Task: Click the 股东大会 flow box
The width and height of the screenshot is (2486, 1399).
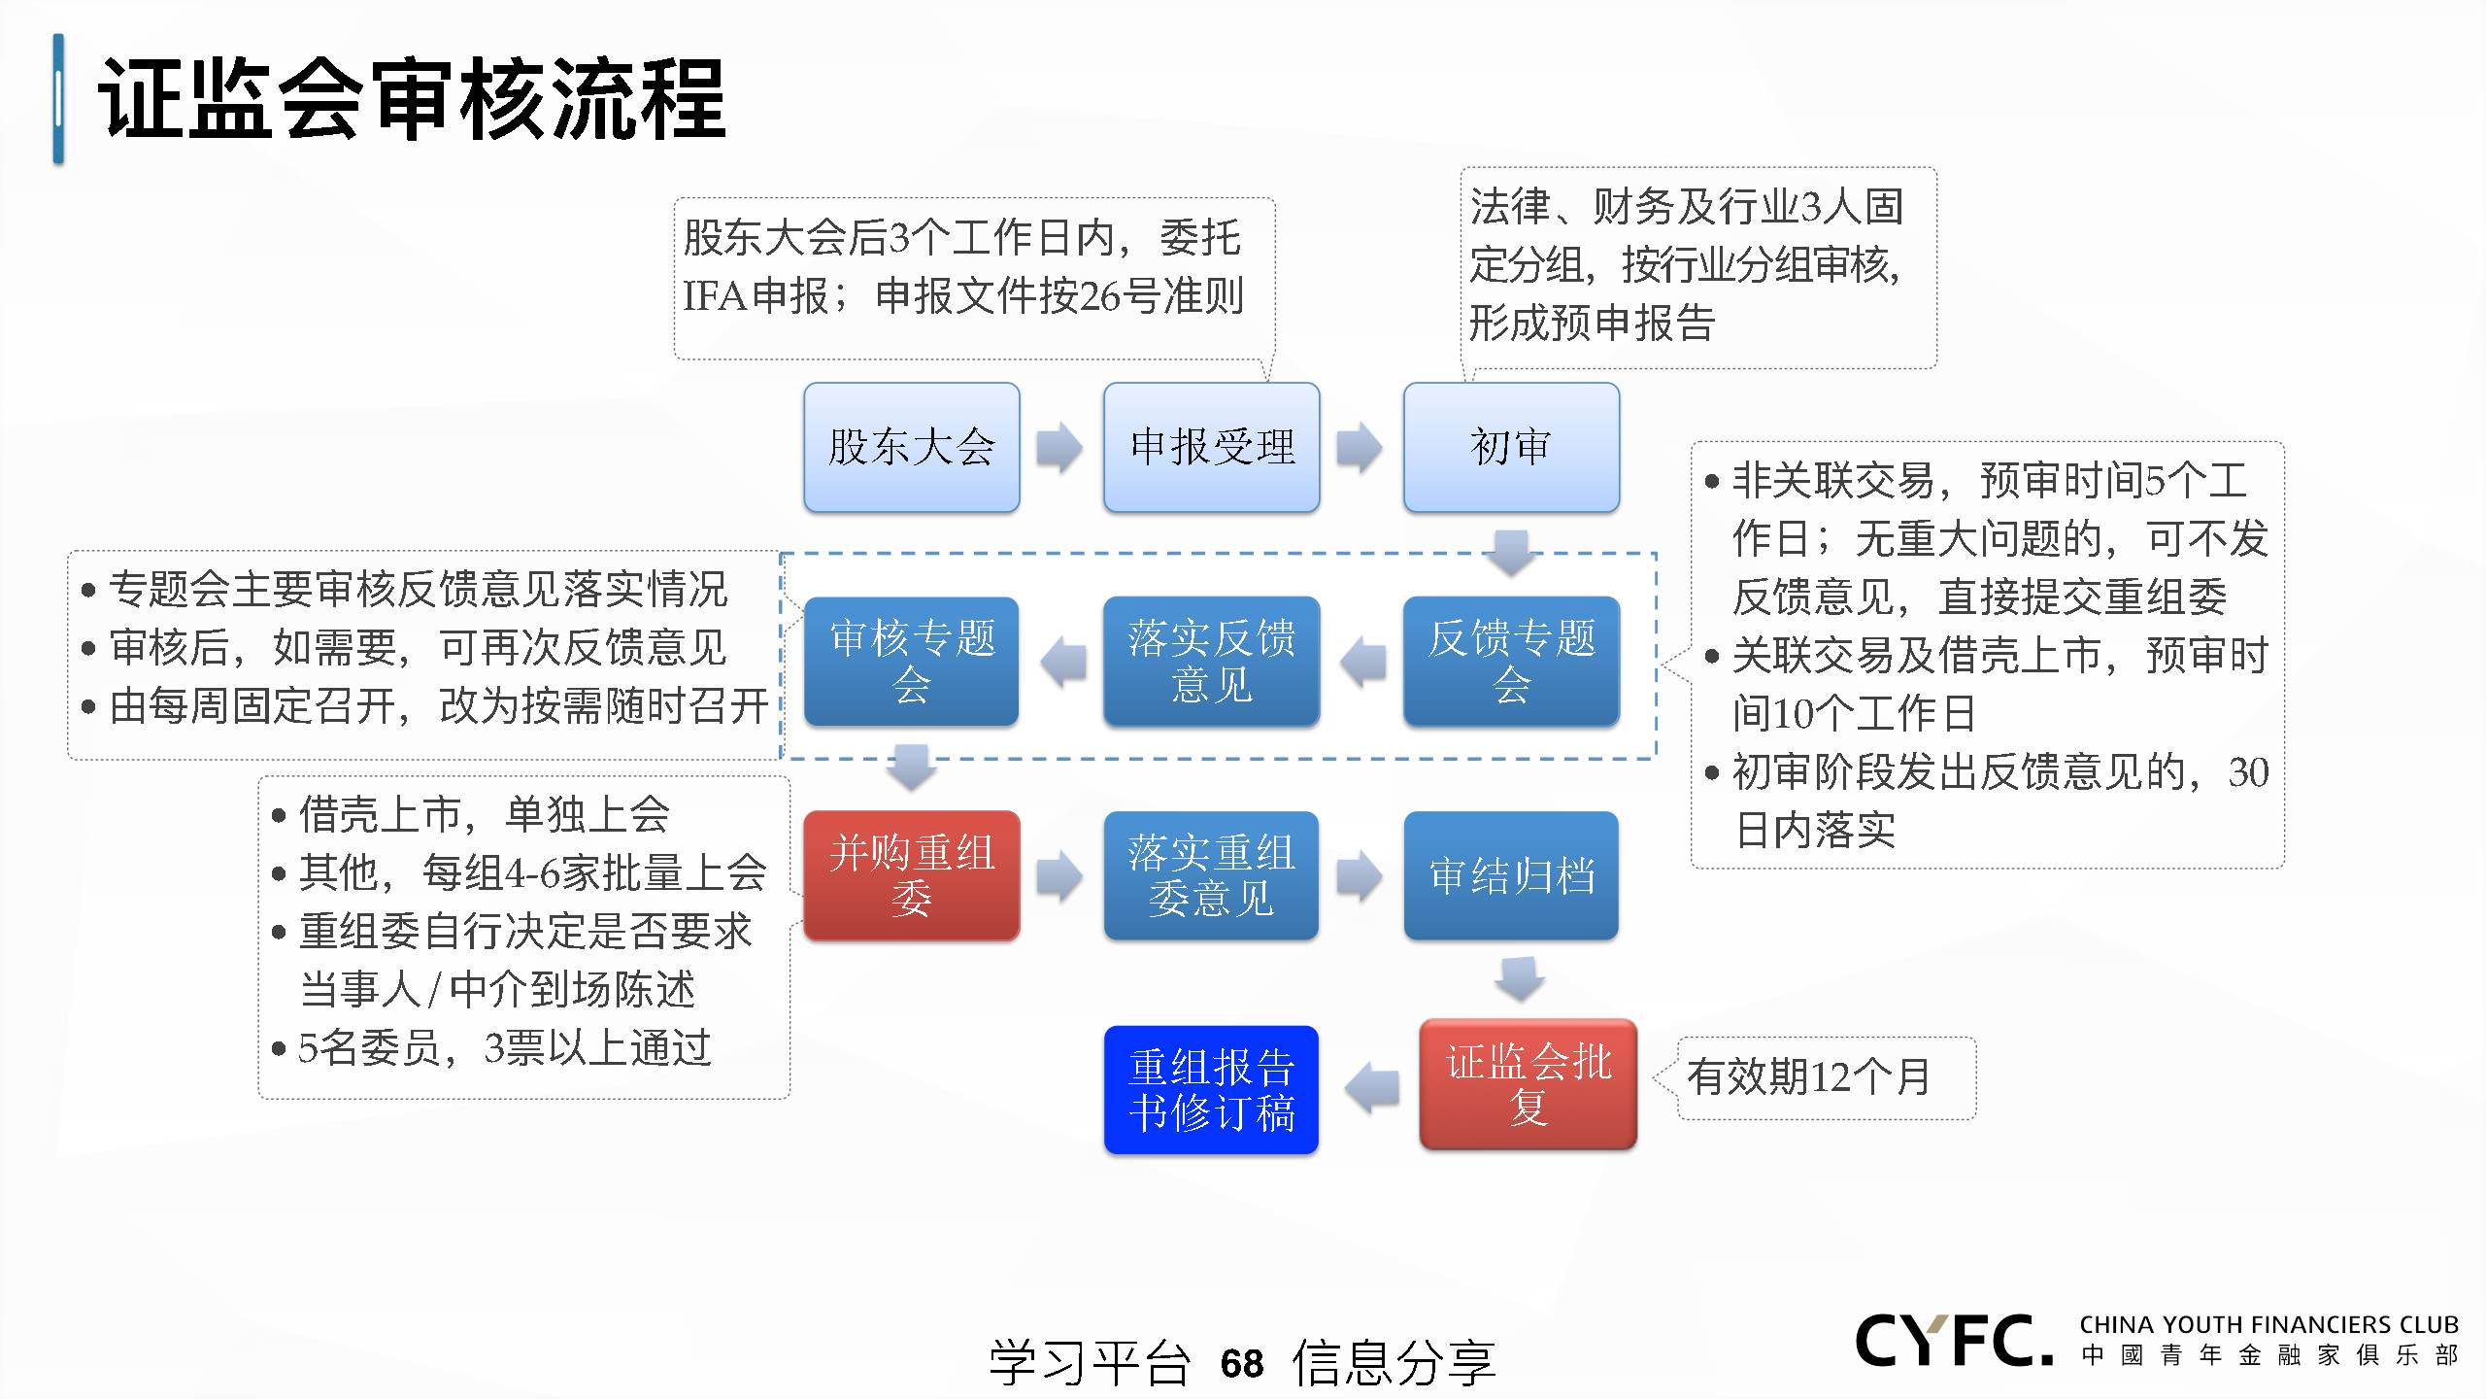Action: (911, 447)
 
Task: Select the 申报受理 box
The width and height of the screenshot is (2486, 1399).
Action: (1211, 447)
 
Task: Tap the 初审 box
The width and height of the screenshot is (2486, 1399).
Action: (1511, 447)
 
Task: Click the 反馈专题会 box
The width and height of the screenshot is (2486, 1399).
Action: (1511, 662)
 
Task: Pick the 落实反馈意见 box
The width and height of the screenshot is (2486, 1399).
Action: (1211, 662)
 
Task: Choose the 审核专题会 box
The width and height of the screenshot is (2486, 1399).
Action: (911, 662)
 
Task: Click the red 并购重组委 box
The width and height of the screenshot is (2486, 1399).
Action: (911, 875)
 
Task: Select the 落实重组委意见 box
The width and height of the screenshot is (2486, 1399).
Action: (1211, 875)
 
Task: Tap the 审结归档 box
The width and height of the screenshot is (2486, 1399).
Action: (1511, 875)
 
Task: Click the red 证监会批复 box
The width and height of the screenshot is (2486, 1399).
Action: (1528, 1084)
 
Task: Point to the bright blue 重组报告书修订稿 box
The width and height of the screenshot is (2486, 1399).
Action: (1211, 1090)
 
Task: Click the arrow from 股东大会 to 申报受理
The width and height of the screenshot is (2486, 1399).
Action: (1059, 448)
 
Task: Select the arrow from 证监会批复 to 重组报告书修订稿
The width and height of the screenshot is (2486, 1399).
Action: (1371, 1088)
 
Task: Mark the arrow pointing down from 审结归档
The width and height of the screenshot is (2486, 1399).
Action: (1520, 978)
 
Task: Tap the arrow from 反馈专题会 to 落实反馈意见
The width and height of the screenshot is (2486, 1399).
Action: (1362, 663)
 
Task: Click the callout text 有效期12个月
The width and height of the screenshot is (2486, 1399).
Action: (1808, 1076)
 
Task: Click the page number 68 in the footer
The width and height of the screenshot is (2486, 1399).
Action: (1242, 1363)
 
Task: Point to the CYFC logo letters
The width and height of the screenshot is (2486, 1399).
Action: (1954, 1341)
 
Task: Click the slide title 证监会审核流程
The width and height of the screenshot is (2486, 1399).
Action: (412, 99)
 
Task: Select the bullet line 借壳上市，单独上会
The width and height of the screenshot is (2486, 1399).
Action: (484, 814)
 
